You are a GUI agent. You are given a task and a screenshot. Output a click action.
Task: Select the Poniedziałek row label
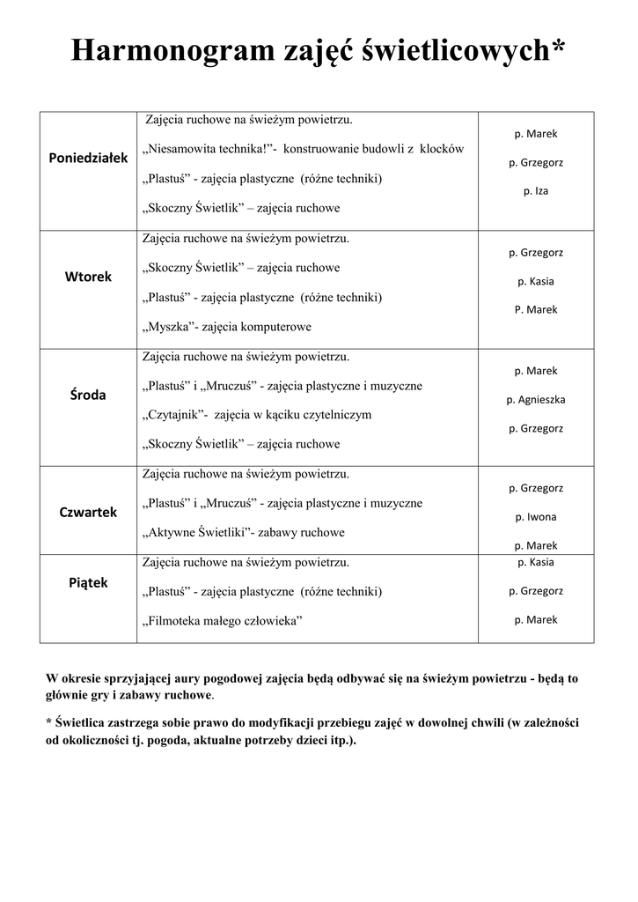[x=88, y=157]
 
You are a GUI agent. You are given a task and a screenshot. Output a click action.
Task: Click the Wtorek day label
[x=88, y=277]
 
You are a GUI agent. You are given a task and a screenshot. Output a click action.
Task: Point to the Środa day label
[x=88, y=395]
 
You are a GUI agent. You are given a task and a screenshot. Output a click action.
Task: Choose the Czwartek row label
[x=88, y=512]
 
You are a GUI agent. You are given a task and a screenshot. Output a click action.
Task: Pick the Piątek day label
[x=88, y=582]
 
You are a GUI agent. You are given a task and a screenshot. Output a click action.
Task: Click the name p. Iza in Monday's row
[x=535, y=190]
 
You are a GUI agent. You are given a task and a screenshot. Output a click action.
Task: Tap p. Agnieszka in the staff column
[x=535, y=399]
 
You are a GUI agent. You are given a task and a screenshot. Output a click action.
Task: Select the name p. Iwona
[x=535, y=516]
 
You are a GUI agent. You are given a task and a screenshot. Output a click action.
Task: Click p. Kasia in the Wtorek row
[x=535, y=281]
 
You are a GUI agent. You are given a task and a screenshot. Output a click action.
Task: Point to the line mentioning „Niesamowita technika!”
[x=303, y=150]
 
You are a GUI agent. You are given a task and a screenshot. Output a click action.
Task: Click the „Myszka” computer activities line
[x=226, y=327]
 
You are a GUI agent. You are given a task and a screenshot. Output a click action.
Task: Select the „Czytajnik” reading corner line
[x=257, y=415]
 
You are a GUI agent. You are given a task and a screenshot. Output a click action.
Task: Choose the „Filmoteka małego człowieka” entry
[x=221, y=621]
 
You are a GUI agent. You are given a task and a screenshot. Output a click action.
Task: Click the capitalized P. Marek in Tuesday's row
[x=535, y=309]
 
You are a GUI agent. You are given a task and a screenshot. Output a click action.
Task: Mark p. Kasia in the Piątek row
[x=535, y=561]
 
